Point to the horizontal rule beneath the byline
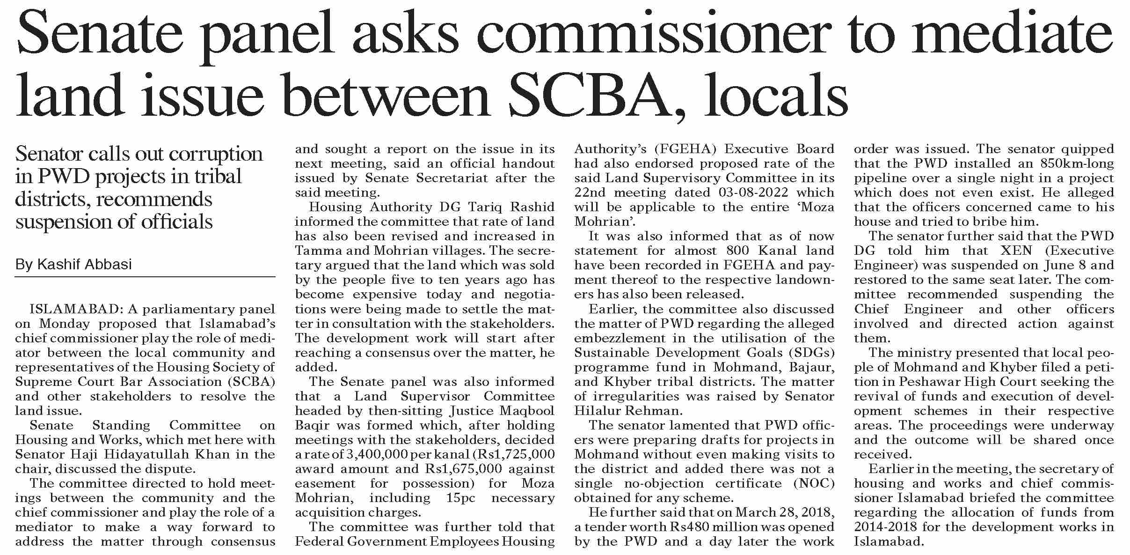coord(145,277)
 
